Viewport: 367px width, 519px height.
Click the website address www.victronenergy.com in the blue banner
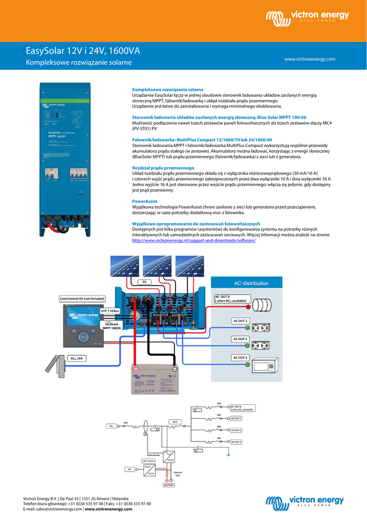click(x=310, y=59)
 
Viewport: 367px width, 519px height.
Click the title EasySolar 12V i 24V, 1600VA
click(x=83, y=51)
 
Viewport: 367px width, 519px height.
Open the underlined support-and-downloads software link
click(x=194, y=241)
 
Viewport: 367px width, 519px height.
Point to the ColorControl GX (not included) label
click(x=83, y=299)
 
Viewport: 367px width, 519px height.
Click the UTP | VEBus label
click(x=110, y=310)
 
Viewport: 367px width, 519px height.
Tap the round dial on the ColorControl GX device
click(x=81, y=337)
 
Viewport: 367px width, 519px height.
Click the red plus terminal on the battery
click(x=136, y=369)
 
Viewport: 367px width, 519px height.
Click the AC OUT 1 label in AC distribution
click(x=240, y=321)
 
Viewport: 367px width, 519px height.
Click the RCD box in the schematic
click(x=175, y=422)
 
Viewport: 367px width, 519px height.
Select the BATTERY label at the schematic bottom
click(x=169, y=485)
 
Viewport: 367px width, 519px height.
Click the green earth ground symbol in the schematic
click(x=229, y=454)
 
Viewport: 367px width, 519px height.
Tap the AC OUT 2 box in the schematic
click(x=236, y=430)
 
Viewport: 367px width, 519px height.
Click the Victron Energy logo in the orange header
click(x=308, y=18)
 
